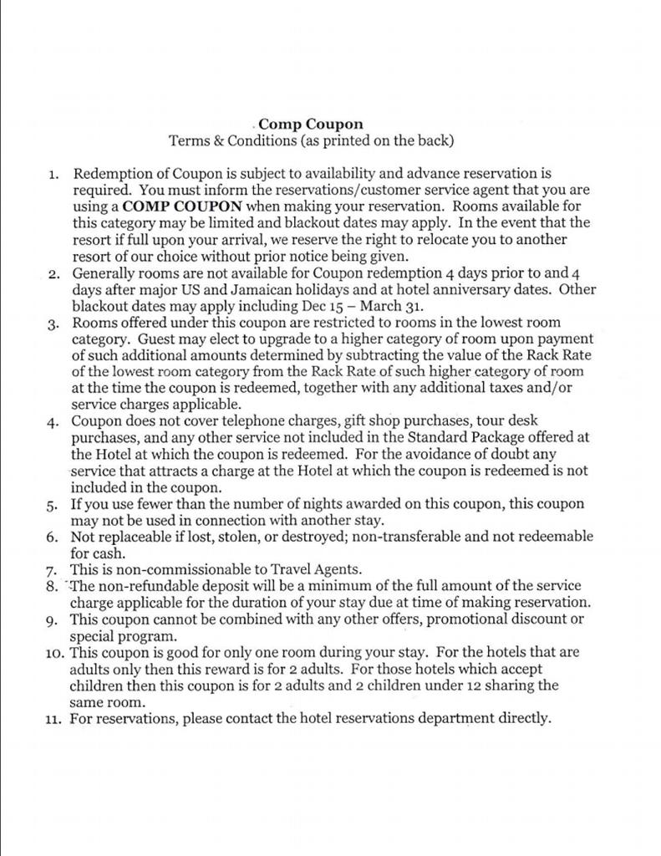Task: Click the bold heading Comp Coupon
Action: pyautogui.click(x=311, y=125)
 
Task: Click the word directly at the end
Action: pyautogui.click(x=525, y=717)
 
